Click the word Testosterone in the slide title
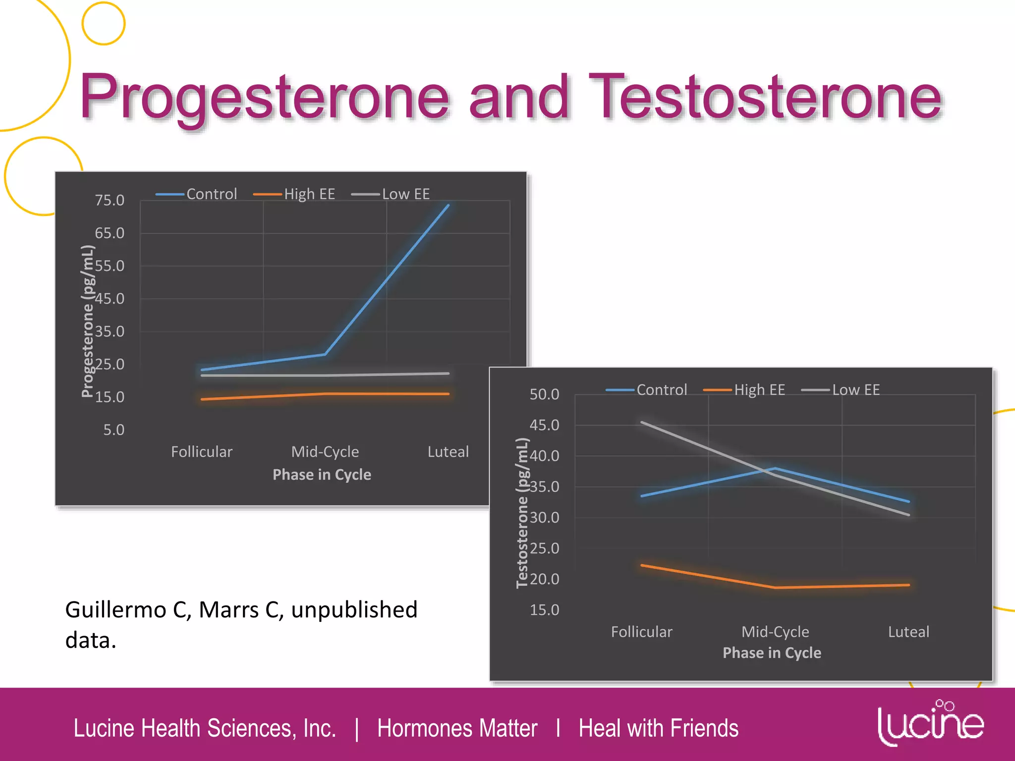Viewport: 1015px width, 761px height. pyautogui.click(x=766, y=97)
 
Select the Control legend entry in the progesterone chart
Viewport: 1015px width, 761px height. pyautogui.click(x=211, y=194)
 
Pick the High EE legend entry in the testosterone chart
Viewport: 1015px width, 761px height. pyautogui.click(x=759, y=390)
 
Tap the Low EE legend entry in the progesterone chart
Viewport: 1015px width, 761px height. pyautogui.click(x=405, y=194)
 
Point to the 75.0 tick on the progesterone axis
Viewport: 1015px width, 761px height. pyautogui.click(x=110, y=200)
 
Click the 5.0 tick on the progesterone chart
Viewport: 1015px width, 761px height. pyautogui.click(x=113, y=430)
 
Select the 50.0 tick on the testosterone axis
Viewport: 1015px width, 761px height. pyautogui.click(x=544, y=394)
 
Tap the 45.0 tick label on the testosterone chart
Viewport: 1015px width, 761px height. pyautogui.click(x=544, y=425)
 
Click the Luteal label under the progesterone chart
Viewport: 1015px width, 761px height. pyautogui.click(x=448, y=452)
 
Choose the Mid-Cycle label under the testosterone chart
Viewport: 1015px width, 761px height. pyautogui.click(x=775, y=632)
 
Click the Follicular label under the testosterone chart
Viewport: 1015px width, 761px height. pyautogui.click(x=641, y=632)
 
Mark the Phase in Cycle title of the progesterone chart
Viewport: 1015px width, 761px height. pyautogui.click(x=322, y=475)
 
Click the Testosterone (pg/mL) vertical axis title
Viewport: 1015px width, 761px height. pyautogui.click(x=522, y=513)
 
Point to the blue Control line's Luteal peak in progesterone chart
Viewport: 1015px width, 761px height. pyautogui.click(x=448, y=205)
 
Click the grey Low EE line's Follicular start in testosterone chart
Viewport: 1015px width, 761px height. pyautogui.click(x=642, y=423)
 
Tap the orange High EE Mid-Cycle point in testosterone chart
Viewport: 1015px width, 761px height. pyautogui.click(x=775, y=588)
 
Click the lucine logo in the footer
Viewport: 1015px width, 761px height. pyautogui.click(x=930, y=723)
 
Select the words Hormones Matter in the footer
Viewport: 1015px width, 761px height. pyautogui.click(x=457, y=728)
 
